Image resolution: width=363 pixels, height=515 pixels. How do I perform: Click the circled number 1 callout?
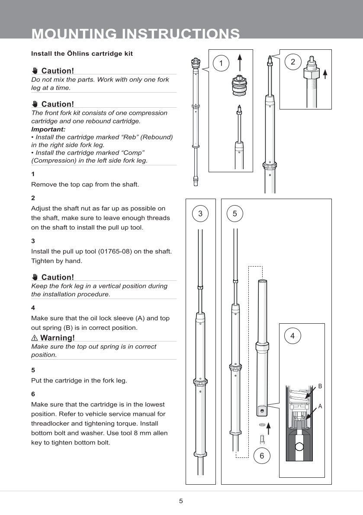click(221, 64)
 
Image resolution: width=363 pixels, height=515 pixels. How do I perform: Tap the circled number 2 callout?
click(293, 62)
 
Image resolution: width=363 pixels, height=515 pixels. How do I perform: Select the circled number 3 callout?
click(200, 213)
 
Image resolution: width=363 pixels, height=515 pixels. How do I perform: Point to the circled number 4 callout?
click(293, 335)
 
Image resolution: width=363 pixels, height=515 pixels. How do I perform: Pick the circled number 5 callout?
click(235, 213)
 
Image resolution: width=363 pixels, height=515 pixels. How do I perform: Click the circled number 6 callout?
click(262, 456)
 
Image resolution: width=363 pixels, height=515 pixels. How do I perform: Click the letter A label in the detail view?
click(320, 406)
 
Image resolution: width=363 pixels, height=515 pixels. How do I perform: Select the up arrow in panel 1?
click(240, 61)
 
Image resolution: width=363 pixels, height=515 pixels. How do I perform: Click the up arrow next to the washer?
click(269, 428)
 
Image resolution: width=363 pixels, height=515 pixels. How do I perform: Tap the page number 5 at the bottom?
click(181, 501)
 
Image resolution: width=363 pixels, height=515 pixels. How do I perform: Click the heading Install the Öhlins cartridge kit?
click(82, 54)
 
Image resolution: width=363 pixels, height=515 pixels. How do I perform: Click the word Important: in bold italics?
click(48, 129)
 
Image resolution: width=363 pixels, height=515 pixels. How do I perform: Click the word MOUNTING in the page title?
click(74, 34)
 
